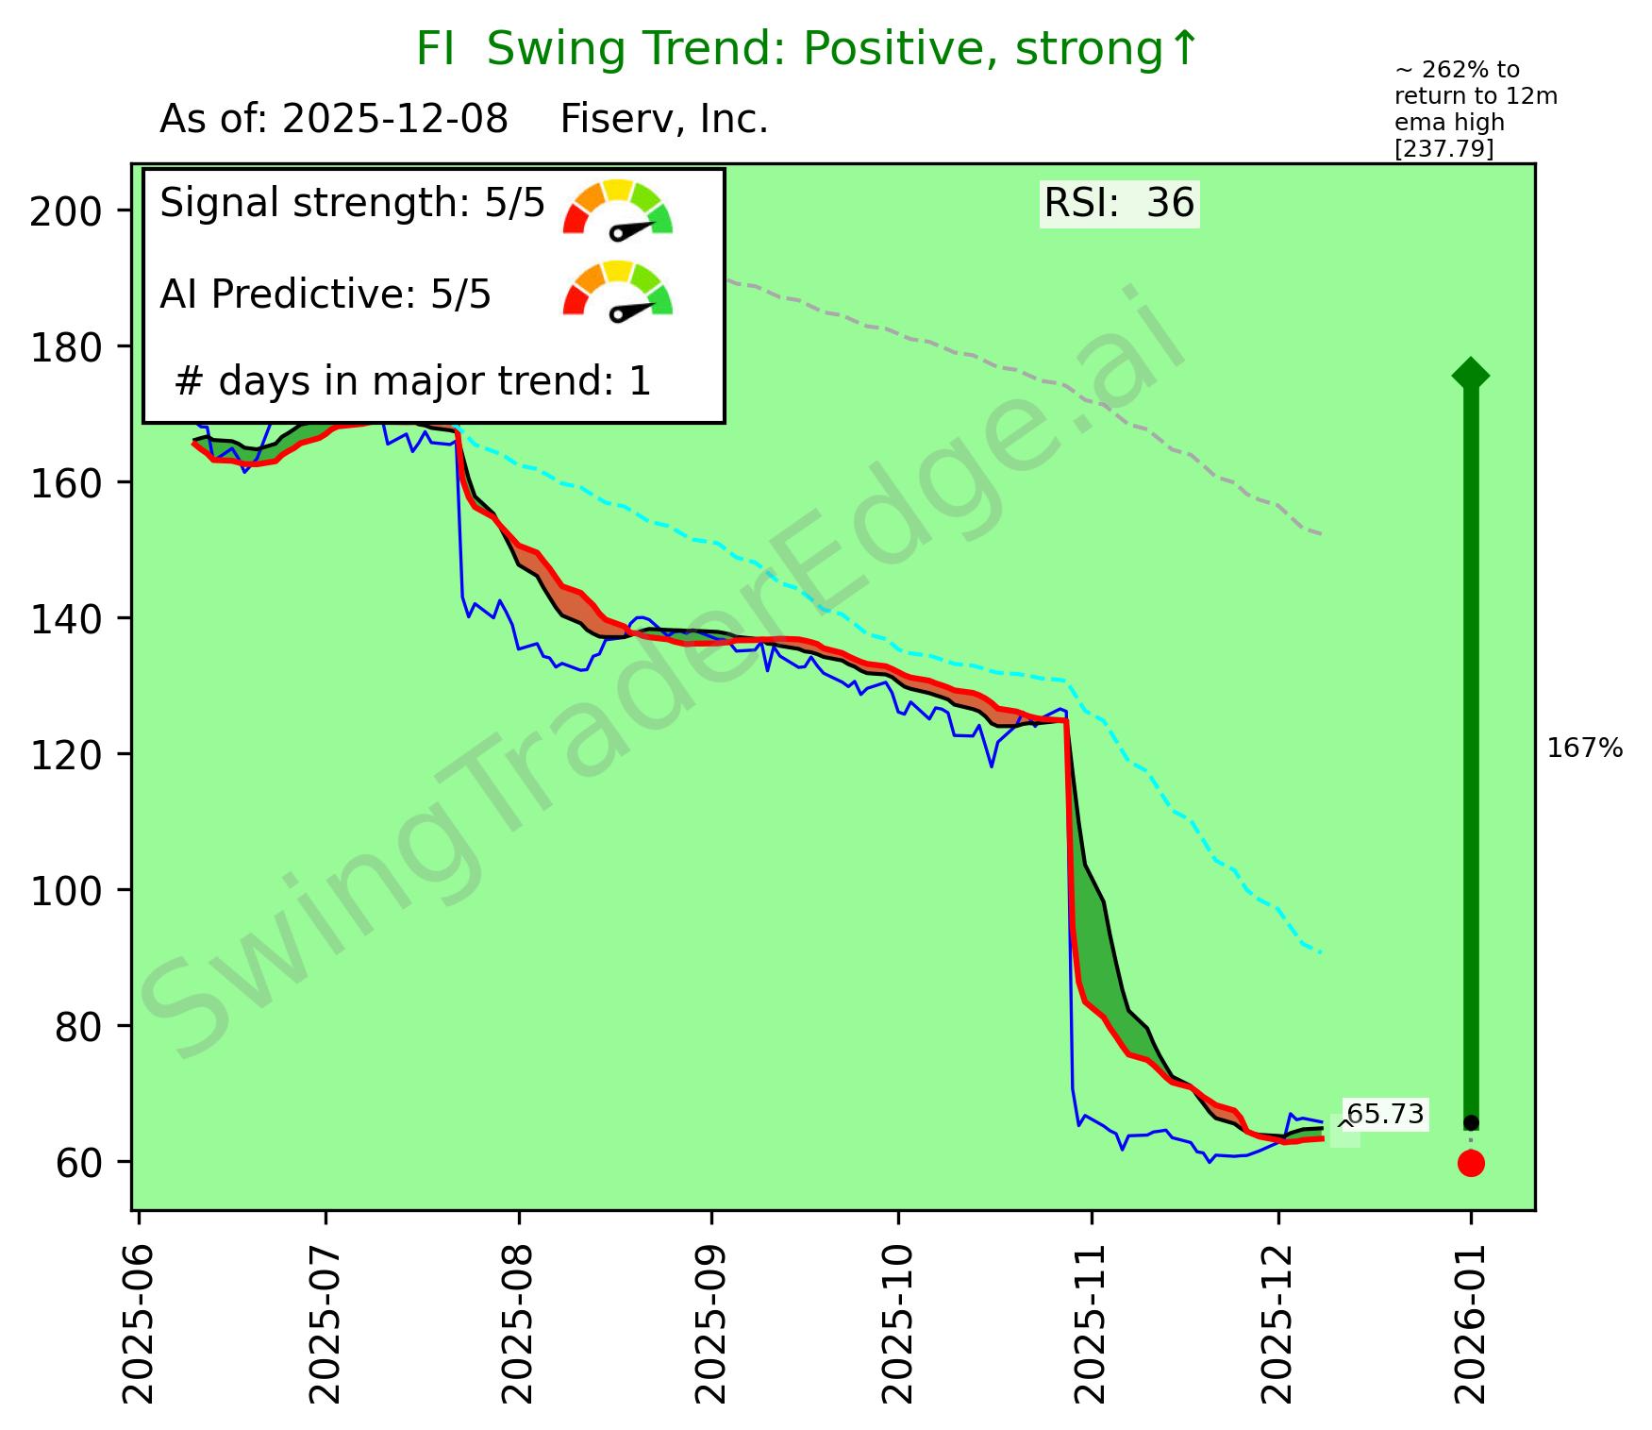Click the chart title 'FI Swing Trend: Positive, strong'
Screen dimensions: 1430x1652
click(807, 49)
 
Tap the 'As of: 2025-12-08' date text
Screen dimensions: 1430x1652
click(334, 120)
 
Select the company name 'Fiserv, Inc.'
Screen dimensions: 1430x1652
click(664, 120)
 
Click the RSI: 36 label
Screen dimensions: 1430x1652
click(1119, 203)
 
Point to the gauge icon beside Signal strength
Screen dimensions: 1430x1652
click(618, 209)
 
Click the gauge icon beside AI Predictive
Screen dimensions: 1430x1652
click(618, 291)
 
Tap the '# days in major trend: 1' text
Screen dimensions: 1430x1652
click(413, 381)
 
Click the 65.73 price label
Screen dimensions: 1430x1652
click(1384, 1115)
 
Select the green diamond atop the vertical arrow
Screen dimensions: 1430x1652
click(1471, 375)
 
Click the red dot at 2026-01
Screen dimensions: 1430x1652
click(1471, 1163)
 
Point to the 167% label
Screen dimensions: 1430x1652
click(1585, 749)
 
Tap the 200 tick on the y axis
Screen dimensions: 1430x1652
click(65, 210)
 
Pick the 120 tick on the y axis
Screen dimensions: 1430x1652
click(65, 754)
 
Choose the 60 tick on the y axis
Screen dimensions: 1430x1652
click(75, 1162)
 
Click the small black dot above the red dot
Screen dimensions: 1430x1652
click(1471, 1122)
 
